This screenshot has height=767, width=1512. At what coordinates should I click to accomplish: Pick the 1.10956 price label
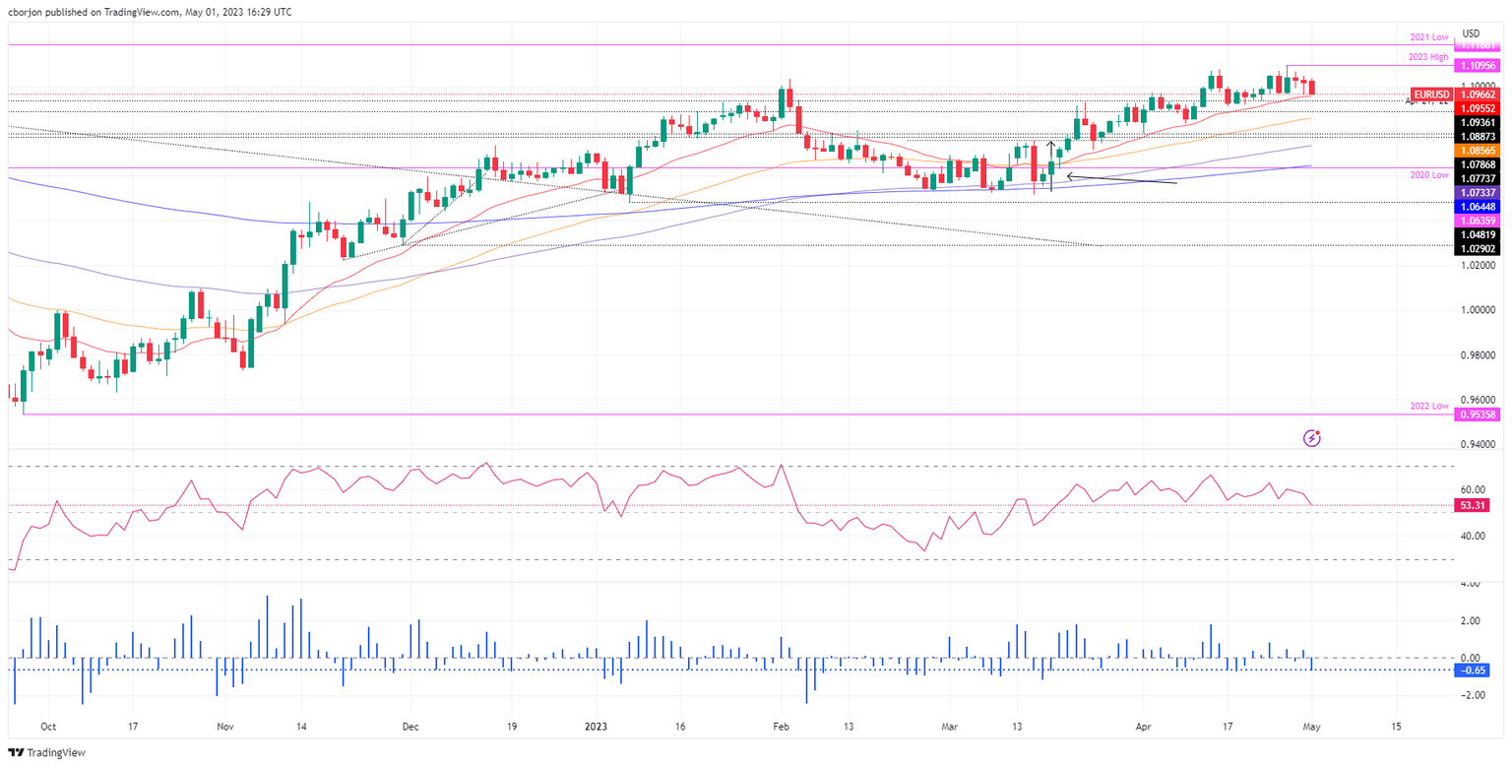tap(1479, 65)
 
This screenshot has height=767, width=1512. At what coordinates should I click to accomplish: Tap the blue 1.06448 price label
tap(1479, 208)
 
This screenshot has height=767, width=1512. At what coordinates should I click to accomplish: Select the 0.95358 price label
tap(1479, 415)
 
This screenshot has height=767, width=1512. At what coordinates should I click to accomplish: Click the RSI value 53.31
tap(1478, 506)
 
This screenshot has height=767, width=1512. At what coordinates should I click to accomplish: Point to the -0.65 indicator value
tap(1478, 671)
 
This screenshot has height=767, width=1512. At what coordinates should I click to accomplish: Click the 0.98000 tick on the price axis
tap(1478, 355)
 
